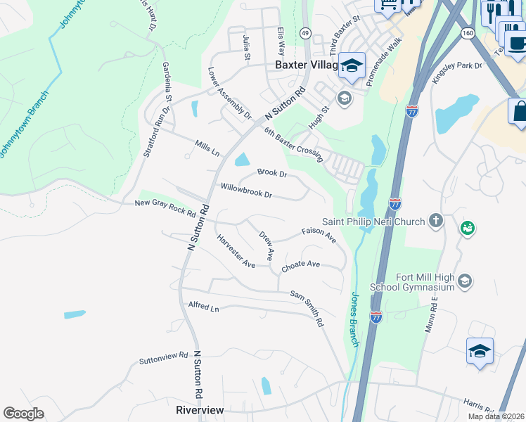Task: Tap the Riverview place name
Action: (x=200, y=410)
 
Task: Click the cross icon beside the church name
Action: (x=436, y=222)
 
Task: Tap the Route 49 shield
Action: (x=304, y=33)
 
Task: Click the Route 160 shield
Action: (x=468, y=33)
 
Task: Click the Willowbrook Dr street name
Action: (x=246, y=190)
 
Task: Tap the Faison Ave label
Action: (x=319, y=235)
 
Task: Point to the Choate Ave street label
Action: (x=300, y=266)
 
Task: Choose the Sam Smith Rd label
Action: (x=307, y=309)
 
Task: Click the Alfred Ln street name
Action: (x=204, y=307)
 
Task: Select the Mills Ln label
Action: (x=207, y=148)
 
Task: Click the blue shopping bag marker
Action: (x=520, y=113)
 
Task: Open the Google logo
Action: (x=23, y=413)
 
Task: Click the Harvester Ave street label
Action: (x=236, y=251)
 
